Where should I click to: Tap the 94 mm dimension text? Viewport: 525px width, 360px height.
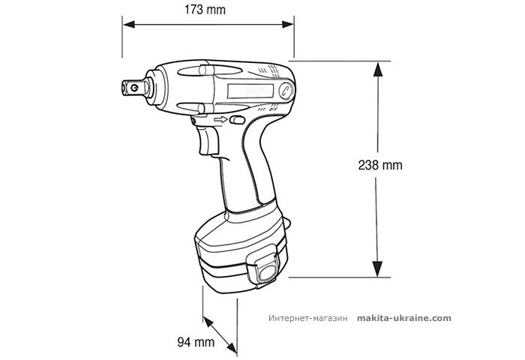[193, 342]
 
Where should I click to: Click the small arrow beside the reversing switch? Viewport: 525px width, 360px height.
[220, 120]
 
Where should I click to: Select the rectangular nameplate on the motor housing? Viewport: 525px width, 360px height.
[250, 92]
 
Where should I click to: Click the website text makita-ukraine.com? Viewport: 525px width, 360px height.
[404, 318]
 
